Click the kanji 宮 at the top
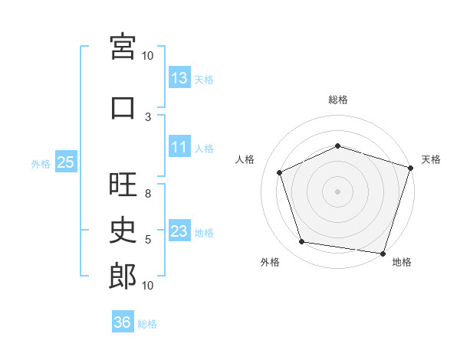123,47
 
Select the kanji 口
123,108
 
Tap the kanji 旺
123,184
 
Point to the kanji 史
123,230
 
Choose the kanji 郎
123,277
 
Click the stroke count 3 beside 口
148,117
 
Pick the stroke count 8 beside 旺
148,194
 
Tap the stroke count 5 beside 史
148,240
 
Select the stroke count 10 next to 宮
147,56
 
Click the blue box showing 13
180,77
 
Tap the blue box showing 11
180,146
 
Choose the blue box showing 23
180,230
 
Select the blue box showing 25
66,162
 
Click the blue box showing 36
123,321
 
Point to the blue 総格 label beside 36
147,324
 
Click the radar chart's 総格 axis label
338,100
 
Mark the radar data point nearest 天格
411,168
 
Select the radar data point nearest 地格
383,254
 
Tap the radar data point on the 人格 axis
280,172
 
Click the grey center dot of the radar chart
337,191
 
